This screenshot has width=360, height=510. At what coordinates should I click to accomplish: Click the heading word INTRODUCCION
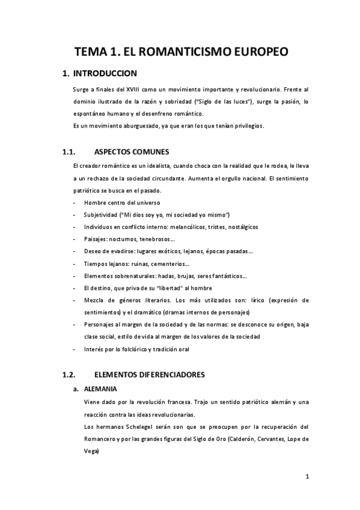[105, 74]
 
